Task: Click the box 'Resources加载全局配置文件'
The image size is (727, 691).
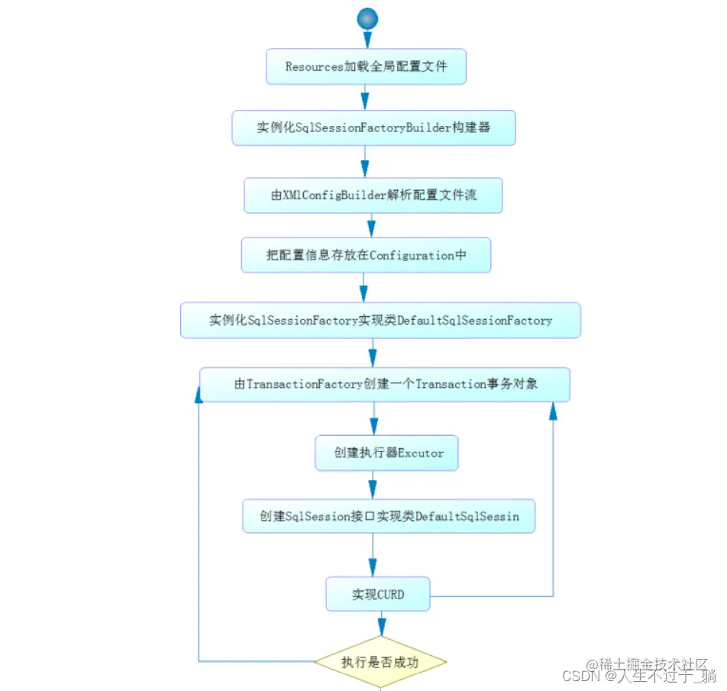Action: click(366, 67)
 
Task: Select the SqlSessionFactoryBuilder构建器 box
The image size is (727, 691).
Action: click(373, 128)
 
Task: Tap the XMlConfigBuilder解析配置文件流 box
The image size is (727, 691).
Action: click(373, 195)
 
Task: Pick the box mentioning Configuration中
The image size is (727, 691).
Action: click(366, 256)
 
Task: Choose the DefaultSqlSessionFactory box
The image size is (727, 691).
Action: click(380, 321)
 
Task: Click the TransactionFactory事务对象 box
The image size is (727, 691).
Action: click(385, 384)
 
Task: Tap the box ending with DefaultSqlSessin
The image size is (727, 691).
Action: click(389, 517)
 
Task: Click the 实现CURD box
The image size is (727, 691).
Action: click(378, 594)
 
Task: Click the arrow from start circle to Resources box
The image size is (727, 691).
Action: click(367, 40)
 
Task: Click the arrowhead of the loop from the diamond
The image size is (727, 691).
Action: click(199, 393)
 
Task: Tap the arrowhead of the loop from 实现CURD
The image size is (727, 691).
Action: click(553, 412)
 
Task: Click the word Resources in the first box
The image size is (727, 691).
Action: click(314, 67)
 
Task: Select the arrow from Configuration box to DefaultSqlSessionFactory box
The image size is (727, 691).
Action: click(364, 288)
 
